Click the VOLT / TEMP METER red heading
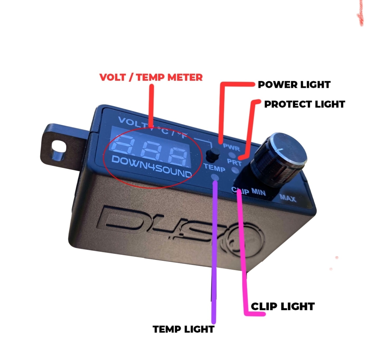(151, 77)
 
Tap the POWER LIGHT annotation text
(294, 85)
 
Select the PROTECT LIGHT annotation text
(305, 104)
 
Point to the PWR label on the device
(231, 148)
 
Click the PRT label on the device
(234, 162)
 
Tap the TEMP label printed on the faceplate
(214, 168)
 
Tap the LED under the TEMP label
(215, 177)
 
